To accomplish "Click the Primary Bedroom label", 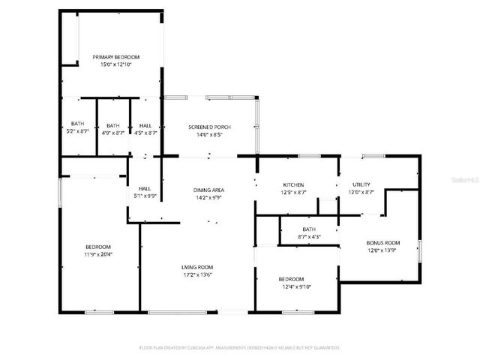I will [115, 57].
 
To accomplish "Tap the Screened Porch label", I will [209, 127].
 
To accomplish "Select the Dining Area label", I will [209, 190].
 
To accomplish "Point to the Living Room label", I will [197, 267].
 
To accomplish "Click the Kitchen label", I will [292, 184].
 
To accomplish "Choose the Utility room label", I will [362, 184].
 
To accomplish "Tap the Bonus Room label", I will [382, 243].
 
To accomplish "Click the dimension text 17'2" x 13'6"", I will [197, 274].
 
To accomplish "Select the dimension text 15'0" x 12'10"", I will [115, 65].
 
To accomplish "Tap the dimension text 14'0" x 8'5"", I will [209, 136].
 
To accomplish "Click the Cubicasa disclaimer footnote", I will [240, 348].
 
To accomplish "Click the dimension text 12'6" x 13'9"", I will [382, 251].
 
